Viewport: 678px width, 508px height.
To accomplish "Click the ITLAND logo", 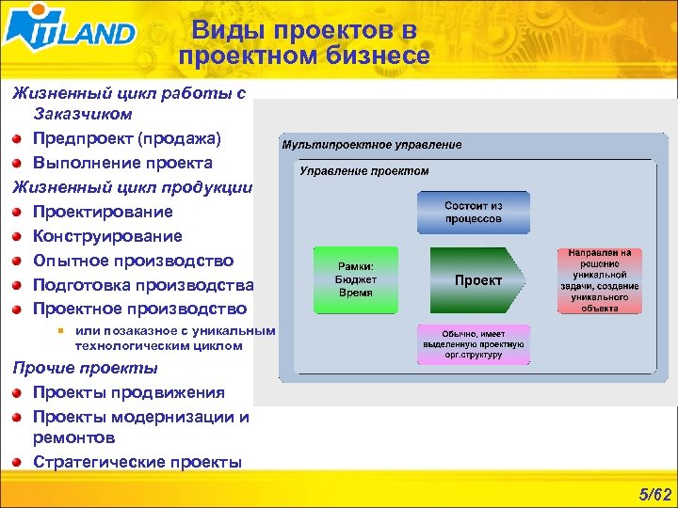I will [71, 32].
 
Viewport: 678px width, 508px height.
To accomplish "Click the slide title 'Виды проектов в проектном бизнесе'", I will [303, 44].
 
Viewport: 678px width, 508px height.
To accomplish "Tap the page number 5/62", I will [654, 495].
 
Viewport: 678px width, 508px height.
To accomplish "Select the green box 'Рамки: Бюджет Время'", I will [356, 280].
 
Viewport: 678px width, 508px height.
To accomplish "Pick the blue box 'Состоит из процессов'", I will [473, 213].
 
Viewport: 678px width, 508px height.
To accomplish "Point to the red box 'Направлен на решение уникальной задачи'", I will [599, 280].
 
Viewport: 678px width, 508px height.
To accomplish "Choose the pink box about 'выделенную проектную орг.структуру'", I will [473, 345].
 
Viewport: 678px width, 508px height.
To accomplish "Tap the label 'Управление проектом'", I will [364, 171].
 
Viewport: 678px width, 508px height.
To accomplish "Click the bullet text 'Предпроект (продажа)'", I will [127, 138].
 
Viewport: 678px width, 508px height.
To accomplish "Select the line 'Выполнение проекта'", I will [122, 163].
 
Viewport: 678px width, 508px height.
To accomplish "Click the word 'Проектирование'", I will [103, 212].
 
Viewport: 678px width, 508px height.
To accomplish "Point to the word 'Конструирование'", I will [107, 236].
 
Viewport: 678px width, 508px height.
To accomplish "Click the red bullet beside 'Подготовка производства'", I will [17, 285].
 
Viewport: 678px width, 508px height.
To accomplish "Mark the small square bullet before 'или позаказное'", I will [59, 330].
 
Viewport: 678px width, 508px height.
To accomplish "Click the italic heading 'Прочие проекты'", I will [85, 368].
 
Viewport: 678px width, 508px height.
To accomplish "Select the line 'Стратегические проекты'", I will [137, 462].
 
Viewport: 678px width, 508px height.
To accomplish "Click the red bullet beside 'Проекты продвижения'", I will [17, 392].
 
